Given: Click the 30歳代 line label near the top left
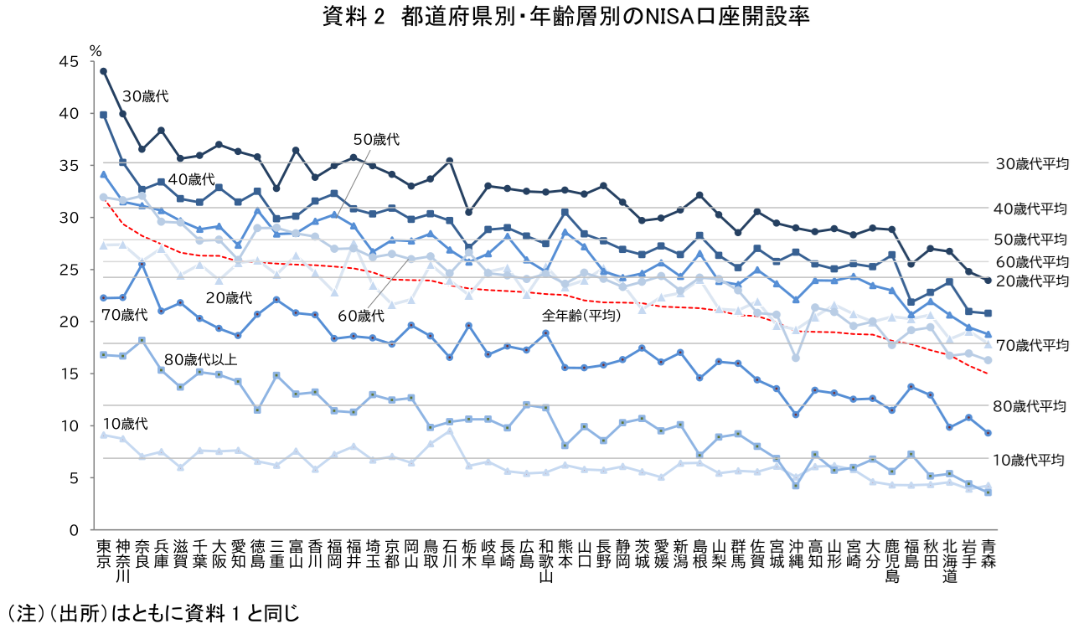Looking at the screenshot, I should [x=146, y=96].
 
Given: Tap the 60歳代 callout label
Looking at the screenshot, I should [x=361, y=316].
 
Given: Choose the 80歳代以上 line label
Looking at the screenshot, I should [x=201, y=359].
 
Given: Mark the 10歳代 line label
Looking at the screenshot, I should [x=125, y=424].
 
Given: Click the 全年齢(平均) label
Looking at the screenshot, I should [x=581, y=316].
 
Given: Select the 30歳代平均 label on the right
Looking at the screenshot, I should [x=1032, y=164].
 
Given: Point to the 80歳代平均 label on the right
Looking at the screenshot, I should [x=1030, y=406].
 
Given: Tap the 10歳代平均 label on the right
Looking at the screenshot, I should [x=1030, y=460].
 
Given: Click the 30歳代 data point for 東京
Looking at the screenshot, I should [x=103, y=71].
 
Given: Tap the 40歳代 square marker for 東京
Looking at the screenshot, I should [x=103, y=115].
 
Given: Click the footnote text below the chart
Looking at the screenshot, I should [x=152, y=614].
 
